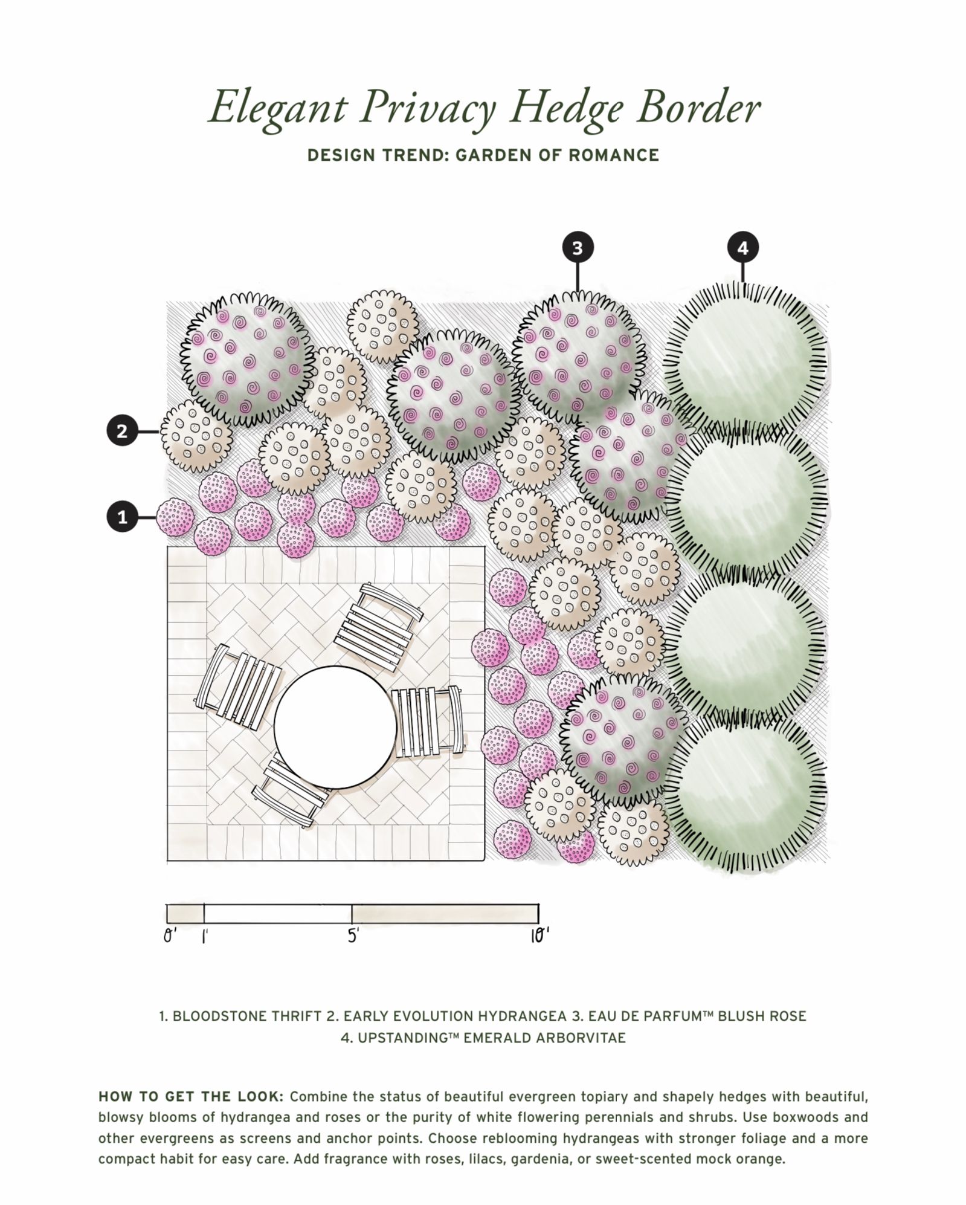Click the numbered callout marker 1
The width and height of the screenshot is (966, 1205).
[123, 517]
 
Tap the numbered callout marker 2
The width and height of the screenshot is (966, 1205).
[123, 431]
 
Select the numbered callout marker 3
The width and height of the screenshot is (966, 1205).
[578, 248]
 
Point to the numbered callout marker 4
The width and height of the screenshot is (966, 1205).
[742, 248]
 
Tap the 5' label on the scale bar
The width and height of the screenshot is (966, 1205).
[353, 936]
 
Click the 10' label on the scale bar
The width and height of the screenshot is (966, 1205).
[540, 936]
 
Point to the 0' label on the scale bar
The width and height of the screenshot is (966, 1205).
[170, 936]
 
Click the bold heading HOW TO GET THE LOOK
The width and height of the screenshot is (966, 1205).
[191, 1096]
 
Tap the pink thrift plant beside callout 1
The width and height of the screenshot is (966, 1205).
[175, 517]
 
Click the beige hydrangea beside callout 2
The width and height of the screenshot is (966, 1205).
[196, 436]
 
